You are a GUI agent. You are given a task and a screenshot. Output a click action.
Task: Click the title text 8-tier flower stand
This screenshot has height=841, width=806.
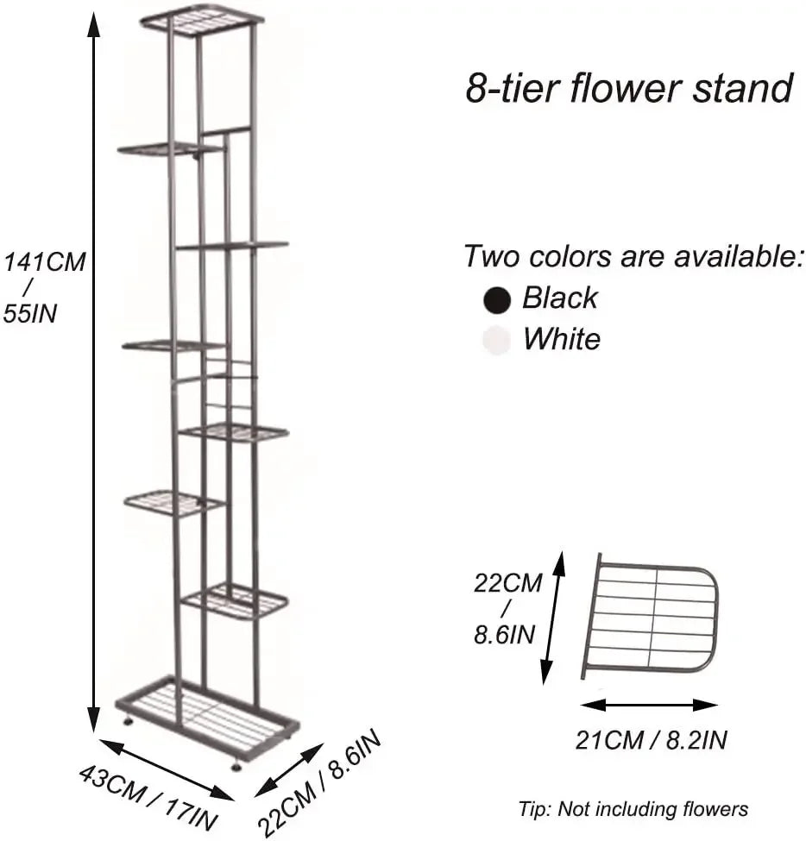pyautogui.click(x=629, y=88)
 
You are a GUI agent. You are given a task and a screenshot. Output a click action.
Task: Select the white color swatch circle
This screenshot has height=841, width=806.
pyautogui.click(x=495, y=341)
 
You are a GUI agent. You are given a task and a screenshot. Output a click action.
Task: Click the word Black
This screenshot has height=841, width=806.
pyautogui.click(x=559, y=298)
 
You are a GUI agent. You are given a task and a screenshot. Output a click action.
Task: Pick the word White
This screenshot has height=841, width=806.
pyautogui.click(x=561, y=339)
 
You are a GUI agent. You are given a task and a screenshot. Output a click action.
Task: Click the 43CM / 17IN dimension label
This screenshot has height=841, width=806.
pyautogui.click(x=148, y=792)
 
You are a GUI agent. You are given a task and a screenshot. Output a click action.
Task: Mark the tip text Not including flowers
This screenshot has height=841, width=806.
pyautogui.click(x=633, y=809)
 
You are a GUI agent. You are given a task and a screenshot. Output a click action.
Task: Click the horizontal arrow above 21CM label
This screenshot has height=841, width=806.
pyautogui.click(x=649, y=705)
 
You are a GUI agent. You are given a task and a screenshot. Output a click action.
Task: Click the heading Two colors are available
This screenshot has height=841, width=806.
pyautogui.click(x=633, y=256)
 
